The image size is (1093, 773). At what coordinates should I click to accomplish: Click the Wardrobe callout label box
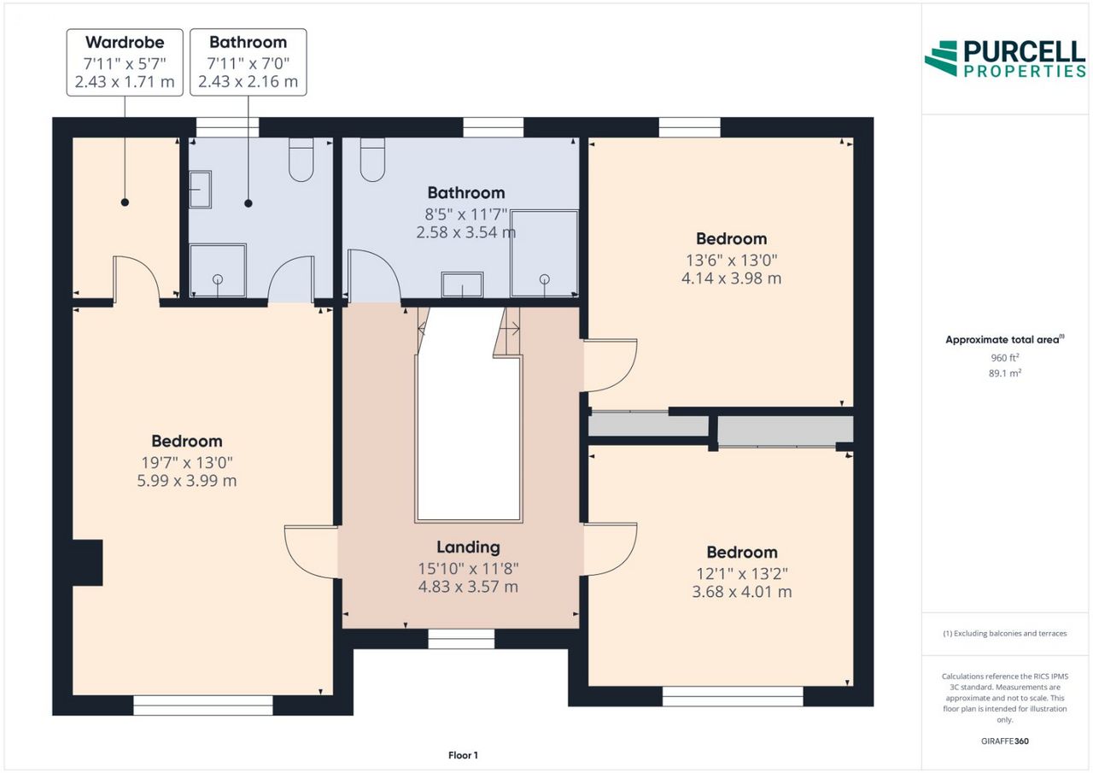[125, 62]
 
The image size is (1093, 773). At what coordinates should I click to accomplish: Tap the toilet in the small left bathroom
[301, 160]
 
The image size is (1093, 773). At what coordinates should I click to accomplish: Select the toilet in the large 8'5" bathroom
[372, 160]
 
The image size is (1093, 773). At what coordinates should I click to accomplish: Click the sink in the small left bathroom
[200, 190]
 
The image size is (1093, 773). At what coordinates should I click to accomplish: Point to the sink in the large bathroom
[462, 284]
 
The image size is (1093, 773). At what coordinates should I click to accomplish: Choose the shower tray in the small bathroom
[218, 270]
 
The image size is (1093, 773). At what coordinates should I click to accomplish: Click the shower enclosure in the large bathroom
[544, 254]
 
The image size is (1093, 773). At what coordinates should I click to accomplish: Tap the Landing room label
[468, 547]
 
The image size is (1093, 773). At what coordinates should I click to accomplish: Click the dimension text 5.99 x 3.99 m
[187, 481]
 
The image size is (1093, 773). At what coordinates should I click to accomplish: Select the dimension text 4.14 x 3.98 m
[732, 278]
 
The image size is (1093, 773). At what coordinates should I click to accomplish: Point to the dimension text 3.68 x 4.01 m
[742, 591]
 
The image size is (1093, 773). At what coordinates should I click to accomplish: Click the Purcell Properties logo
[1006, 59]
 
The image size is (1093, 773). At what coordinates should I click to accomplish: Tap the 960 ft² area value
[1005, 358]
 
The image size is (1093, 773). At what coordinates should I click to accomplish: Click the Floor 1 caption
[463, 755]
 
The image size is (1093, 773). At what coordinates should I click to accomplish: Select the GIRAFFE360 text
[1005, 741]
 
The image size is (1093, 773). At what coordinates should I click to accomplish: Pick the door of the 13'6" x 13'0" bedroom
[611, 365]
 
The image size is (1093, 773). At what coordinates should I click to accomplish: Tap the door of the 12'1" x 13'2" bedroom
[611, 549]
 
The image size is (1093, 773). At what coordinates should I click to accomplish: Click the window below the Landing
[461, 639]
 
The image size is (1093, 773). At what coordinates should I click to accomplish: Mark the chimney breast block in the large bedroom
[87, 562]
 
